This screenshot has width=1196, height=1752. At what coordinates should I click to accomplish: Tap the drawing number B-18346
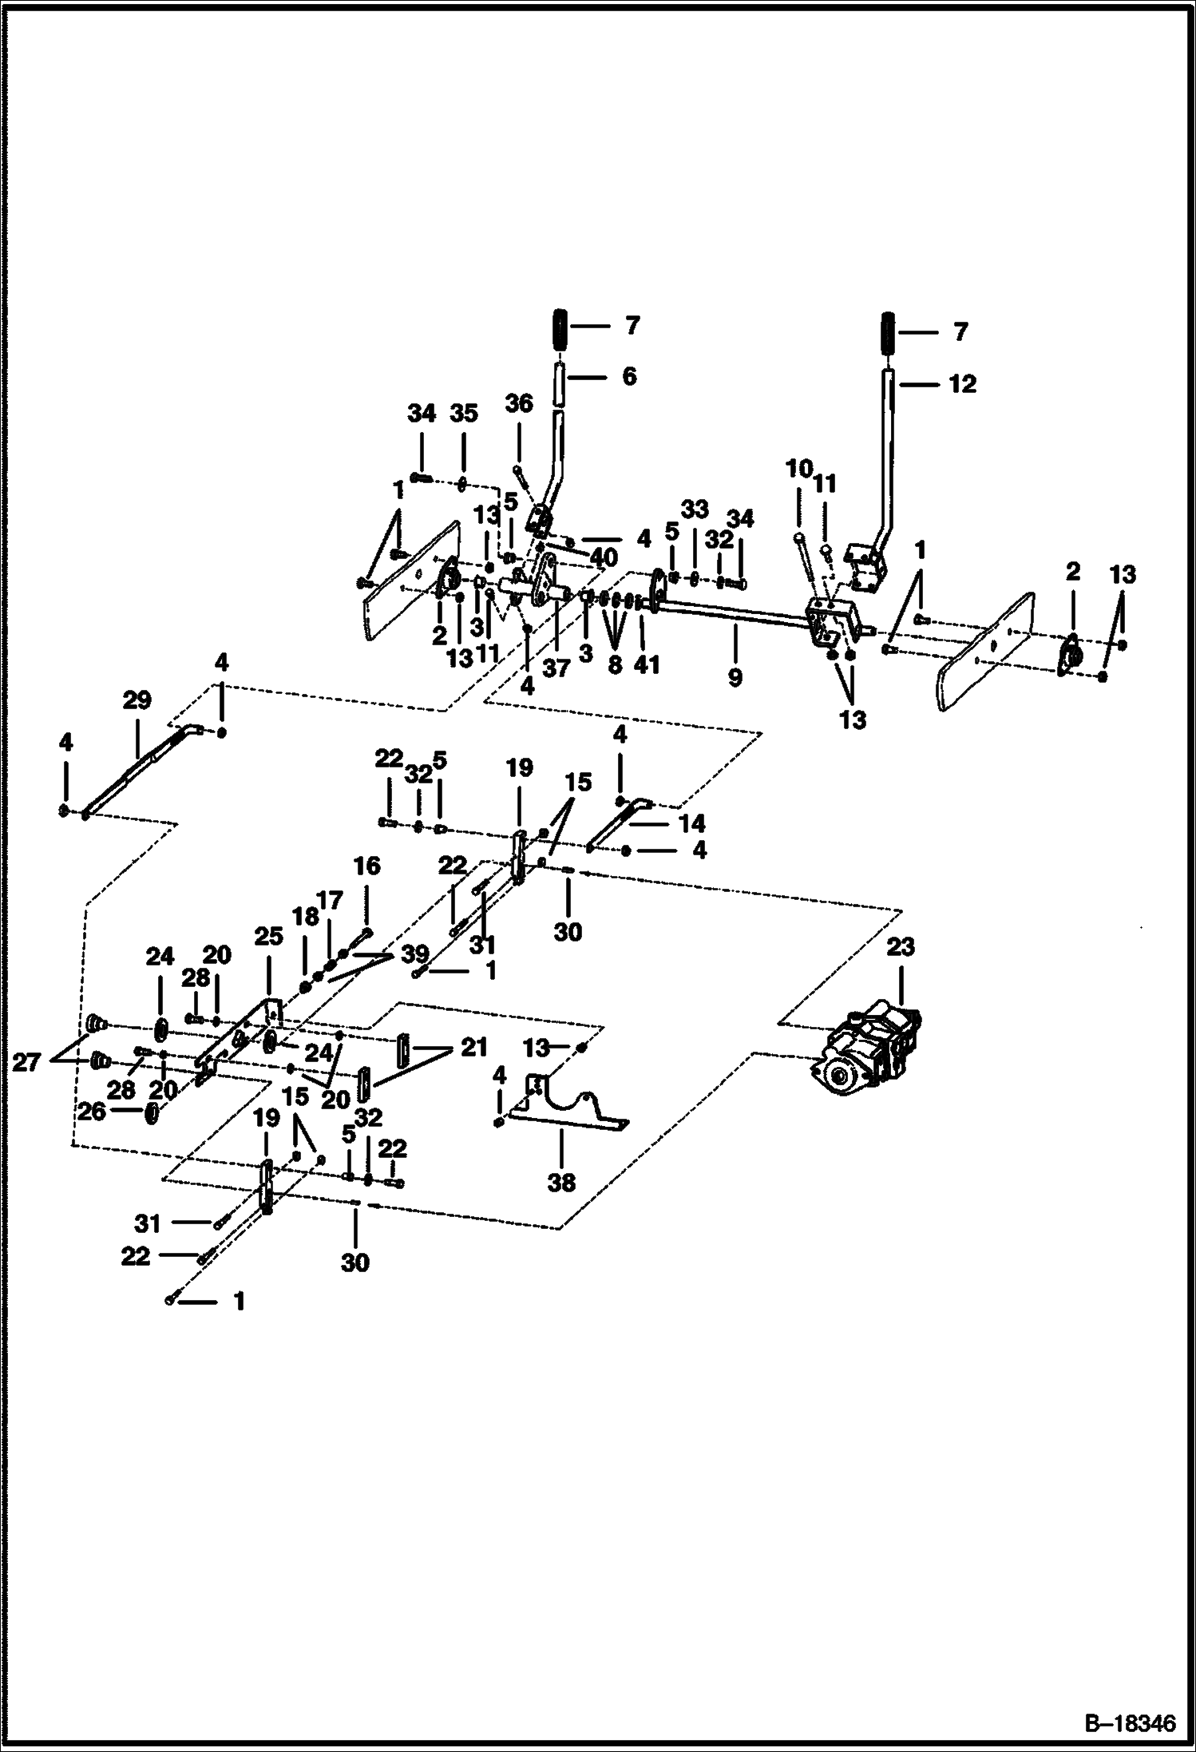[1128, 1722]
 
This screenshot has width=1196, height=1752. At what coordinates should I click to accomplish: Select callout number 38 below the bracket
[561, 1183]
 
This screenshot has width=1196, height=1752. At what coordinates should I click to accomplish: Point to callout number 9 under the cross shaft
[735, 677]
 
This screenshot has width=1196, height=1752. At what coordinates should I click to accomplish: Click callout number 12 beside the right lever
[962, 384]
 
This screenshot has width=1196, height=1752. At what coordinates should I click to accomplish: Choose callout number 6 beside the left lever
[629, 376]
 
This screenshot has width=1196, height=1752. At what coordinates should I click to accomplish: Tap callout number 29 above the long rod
[137, 700]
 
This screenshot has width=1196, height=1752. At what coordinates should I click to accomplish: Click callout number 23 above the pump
[900, 948]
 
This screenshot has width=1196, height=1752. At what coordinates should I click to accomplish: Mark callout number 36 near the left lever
[519, 404]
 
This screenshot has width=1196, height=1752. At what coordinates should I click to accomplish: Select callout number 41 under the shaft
[647, 664]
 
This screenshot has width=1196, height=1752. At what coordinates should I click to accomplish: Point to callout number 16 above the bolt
[367, 866]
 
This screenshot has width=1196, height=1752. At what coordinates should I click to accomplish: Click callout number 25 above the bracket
[268, 937]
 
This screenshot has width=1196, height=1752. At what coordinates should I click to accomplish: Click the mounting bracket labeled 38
[567, 1104]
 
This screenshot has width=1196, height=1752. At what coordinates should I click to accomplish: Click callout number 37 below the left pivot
[556, 668]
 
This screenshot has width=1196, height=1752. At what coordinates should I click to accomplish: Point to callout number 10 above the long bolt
[799, 469]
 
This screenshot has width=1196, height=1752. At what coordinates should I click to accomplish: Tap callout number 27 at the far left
[26, 1063]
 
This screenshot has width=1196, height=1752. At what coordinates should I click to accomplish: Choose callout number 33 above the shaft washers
[694, 509]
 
